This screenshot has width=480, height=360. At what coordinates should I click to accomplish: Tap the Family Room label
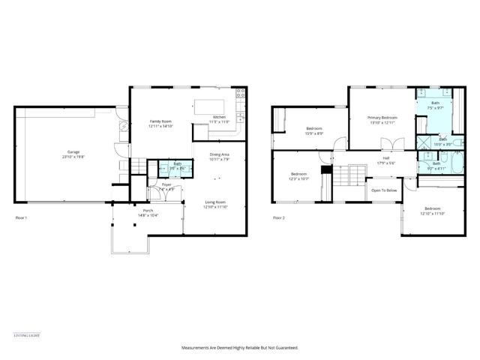[x=161, y=124]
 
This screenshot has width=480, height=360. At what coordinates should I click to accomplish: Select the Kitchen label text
[x=219, y=119]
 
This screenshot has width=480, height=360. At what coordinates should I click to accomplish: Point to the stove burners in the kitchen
[x=241, y=94]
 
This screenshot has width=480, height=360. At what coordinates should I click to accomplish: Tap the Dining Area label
[x=220, y=157]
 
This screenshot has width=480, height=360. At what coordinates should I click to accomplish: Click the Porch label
[x=148, y=213]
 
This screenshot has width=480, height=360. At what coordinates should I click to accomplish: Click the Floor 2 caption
[x=278, y=217]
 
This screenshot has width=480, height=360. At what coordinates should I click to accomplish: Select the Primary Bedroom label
[x=382, y=120]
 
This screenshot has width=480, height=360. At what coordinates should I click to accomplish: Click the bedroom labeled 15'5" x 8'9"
[x=314, y=131]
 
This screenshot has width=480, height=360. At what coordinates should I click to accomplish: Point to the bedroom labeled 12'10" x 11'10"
[x=433, y=211]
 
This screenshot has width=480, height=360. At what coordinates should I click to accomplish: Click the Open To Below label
[x=384, y=190]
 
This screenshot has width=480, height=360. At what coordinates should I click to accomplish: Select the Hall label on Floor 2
[x=385, y=160]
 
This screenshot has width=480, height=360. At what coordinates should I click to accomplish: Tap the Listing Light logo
[x=26, y=334]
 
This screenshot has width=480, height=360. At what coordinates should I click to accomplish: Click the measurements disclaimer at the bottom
[x=240, y=348]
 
